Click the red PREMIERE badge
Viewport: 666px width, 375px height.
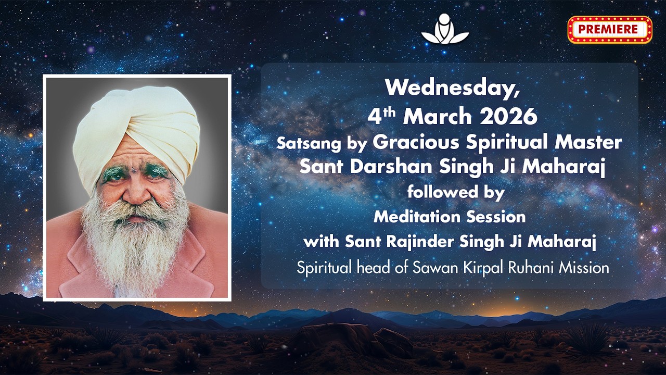coord(609,29)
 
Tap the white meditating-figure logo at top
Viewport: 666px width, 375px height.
coord(445,29)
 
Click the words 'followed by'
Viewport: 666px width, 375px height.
coord(456,192)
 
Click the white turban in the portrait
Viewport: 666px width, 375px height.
coord(136,130)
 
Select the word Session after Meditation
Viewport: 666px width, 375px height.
coord(495,216)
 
